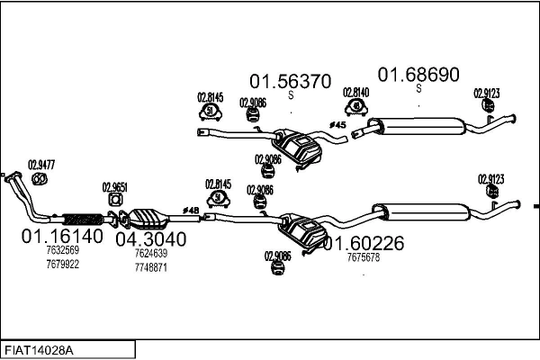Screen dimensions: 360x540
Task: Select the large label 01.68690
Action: [x=418, y=74]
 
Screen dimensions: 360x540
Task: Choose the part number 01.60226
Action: [x=364, y=243]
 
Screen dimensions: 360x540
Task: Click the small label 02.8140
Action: [x=356, y=92]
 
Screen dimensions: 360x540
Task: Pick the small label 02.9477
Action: [x=41, y=164]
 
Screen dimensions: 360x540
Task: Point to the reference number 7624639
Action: [x=150, y=254]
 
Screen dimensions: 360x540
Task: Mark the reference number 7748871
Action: [x=150, y=267]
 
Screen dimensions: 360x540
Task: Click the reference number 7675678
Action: [x=363, y=257]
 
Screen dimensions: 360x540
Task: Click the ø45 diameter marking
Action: [x=337, y=124]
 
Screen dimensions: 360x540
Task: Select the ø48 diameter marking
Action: [x=190, y=209]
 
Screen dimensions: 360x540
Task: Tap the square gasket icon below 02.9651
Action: [x=115, y=199]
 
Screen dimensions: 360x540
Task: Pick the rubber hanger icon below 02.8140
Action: [x=356, y=106]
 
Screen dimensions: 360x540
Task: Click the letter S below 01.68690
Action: [x=418, y=88]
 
